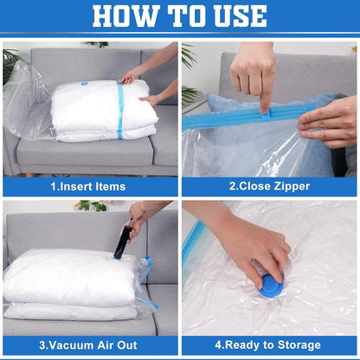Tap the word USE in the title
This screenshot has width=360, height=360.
(x=235, y=16)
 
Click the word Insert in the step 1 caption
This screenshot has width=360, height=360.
(x=79, y=187)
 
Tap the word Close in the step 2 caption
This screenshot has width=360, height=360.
(x=252, y=187)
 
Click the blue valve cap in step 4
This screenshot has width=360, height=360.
(x=269, y=286)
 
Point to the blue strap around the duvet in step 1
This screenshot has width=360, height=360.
(x=119, y=111)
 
